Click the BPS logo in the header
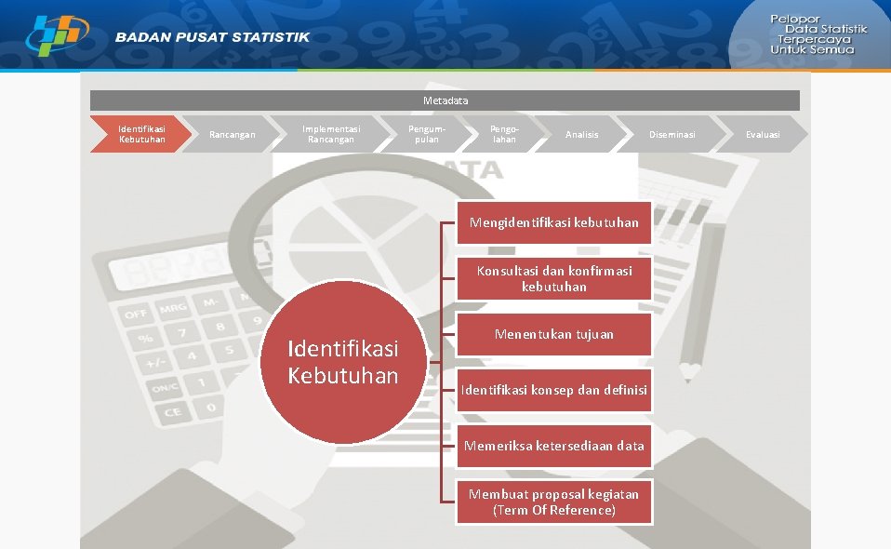click(57, 35)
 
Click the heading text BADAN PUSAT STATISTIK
click(213, 37)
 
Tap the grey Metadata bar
click(445, 100)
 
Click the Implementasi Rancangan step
click(331, 134)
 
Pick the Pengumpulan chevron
click(426, 134)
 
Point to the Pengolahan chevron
click(504, 134)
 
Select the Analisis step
click(582, 134)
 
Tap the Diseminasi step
click(672, 134)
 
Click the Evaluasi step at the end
click(763, 134)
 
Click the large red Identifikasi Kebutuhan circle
click(343, 361)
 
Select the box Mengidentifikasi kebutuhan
click(554, 222)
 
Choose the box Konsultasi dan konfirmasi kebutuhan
click(554, 278)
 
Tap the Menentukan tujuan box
click(554, 334)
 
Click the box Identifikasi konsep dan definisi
click(554, 390)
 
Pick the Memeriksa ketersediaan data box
click(554, 446)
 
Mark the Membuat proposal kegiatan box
click(554, 502)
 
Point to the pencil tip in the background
click(689, 373)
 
